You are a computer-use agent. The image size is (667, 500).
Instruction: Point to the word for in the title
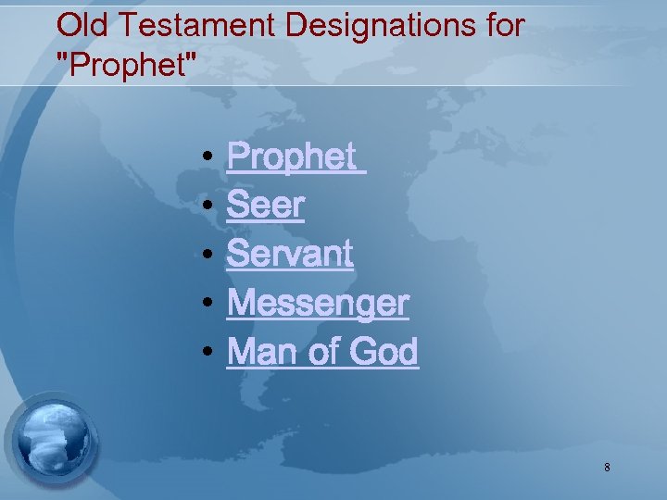pyautogui.click(x=502, y=26)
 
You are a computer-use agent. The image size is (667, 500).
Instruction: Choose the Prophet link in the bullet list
pyautogui.click(x=291, y=157)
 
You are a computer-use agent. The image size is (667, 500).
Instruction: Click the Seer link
pyautogui.click(x=266, y=206)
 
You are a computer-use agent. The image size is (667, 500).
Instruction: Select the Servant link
pyautogui.click(x=290, y=254)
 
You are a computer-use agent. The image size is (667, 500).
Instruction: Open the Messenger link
pyautogui.click(x=318, y=303)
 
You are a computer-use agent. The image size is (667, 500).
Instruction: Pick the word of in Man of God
pyautogui.click(x=321, y=351)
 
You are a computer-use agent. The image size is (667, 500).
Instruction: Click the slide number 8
pyautogui.click(x=607, y=468)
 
